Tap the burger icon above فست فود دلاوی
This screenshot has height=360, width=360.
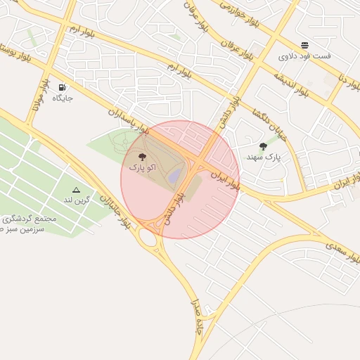304,45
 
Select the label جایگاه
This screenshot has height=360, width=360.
62,98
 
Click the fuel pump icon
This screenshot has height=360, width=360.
62,88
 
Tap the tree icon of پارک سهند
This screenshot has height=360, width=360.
264,146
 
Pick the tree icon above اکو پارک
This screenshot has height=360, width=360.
143,157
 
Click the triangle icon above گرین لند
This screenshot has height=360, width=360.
76,190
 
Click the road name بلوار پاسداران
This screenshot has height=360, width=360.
129,121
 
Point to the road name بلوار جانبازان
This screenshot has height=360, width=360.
113,210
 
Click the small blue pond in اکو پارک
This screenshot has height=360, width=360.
174,172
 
